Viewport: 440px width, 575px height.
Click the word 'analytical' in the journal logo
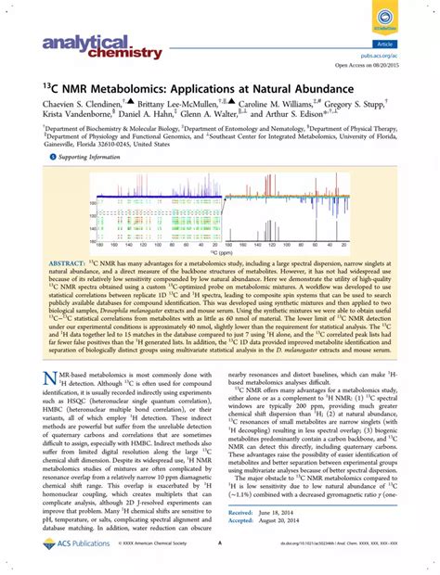[x=69, y=43]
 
